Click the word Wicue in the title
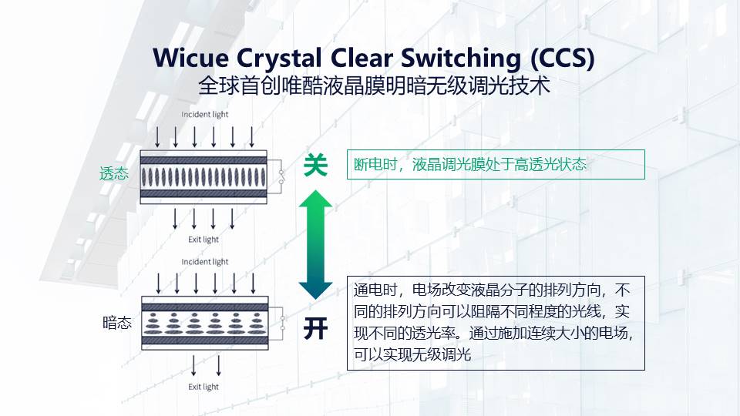click(x=188, y=59)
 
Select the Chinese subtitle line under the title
click(x=374, y=86)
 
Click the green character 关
click(x=315, y=165)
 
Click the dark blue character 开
click(x=315, y=329)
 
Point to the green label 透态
click(x=114, y=174)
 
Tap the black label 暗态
click(x=116, y=324)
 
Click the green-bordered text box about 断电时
click(x=496, y=164)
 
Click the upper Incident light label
click(x=205, y=115)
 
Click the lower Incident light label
click(x=205, y=262)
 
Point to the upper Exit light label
click(x=203, y=239)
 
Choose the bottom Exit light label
click(x=203, y=387)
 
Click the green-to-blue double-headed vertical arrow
click(x=315, y=246)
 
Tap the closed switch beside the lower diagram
click(x=283, y=323)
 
